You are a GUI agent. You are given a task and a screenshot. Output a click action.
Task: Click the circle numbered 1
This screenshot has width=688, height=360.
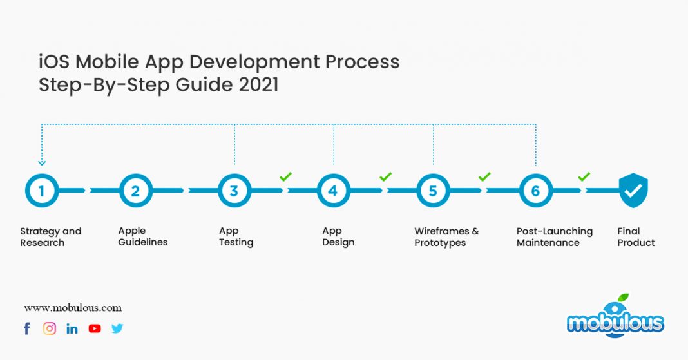coord(42,191)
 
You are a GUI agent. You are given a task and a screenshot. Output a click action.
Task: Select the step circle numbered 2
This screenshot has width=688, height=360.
coord(136,191)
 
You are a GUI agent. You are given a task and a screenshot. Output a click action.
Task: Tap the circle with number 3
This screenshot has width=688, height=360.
coord(234,191)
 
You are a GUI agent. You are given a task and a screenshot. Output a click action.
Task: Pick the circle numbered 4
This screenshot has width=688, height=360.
coord(333,191)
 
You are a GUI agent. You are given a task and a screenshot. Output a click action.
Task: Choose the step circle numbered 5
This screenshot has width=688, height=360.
coord(433,191)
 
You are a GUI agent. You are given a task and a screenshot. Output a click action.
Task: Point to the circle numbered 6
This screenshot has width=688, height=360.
coord(536,191)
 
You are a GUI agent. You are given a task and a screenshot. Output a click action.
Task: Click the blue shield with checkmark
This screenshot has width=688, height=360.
coord(633,191)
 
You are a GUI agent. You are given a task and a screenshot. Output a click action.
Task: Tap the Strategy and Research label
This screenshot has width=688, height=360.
coord(50,237)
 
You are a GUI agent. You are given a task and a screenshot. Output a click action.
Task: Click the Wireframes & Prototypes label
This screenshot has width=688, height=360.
coord(446,237)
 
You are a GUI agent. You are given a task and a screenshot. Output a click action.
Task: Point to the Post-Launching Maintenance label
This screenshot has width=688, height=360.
coord(554,237)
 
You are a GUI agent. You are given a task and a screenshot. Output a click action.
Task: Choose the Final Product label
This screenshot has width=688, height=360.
coord(636,237)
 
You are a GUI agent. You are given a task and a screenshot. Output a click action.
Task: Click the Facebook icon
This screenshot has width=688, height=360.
coord(27,328)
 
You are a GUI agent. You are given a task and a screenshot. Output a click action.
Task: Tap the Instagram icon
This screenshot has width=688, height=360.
coord(50,328)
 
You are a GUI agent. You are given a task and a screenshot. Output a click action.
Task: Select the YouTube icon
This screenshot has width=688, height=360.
coord(95,328)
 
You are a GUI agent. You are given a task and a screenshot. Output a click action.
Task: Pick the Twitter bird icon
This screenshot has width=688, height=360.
coord(117,328)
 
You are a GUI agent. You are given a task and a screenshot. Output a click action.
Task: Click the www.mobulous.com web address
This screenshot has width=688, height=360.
coord(73,308)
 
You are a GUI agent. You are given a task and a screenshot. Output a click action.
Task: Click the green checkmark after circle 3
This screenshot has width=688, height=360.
coord(285,176)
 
